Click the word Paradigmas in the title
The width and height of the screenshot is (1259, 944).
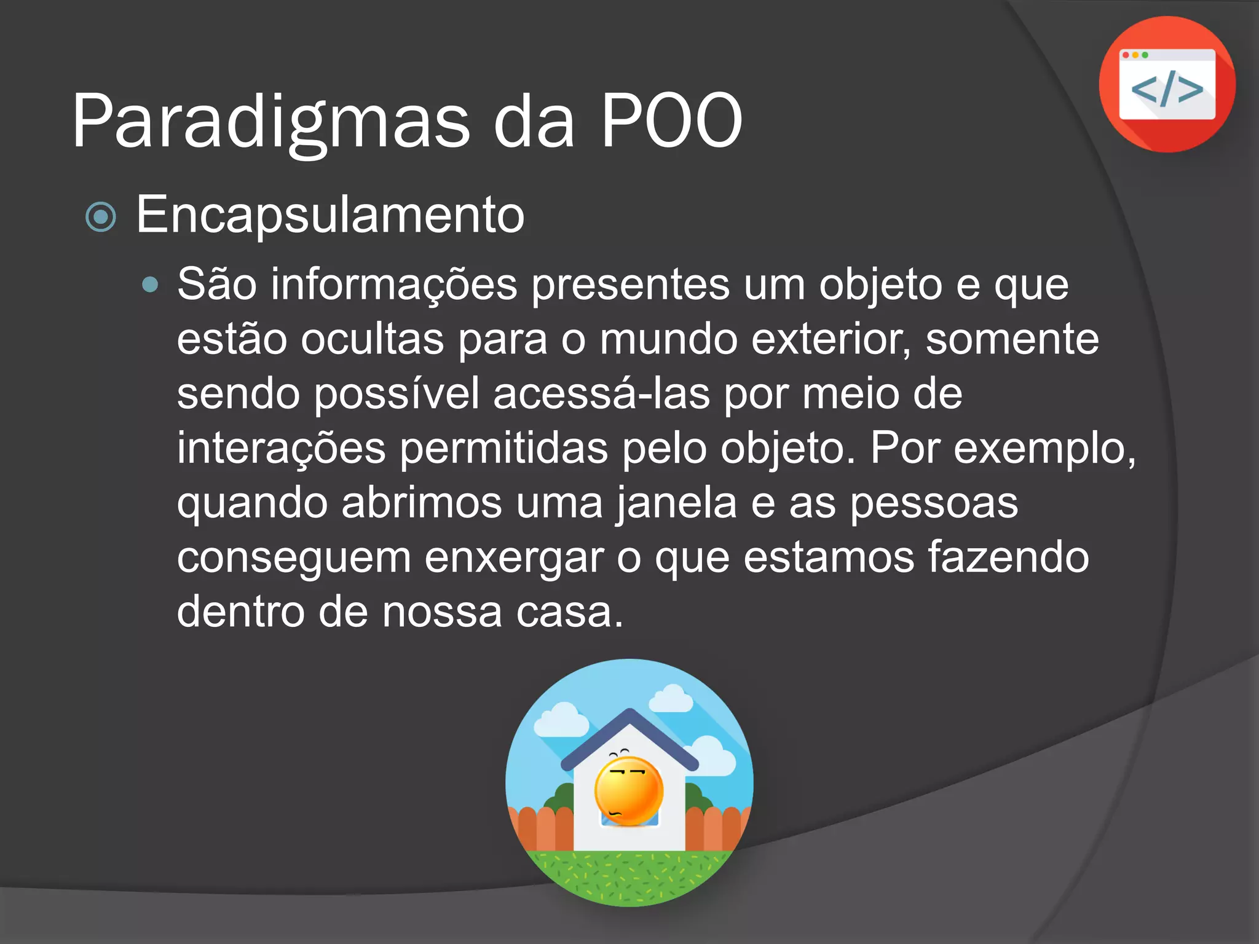270,122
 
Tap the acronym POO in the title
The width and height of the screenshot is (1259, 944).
671,122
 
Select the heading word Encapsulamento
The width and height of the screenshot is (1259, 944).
330,215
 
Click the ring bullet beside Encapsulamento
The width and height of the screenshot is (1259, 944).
101,217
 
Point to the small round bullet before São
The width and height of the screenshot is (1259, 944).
149,285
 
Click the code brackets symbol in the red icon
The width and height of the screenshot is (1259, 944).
1167,90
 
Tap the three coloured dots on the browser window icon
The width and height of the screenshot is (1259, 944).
1135,55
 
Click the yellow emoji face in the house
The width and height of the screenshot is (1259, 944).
628,792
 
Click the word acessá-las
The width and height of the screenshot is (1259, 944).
601,394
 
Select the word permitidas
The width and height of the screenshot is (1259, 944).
504,449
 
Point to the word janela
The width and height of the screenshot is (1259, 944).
676,503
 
